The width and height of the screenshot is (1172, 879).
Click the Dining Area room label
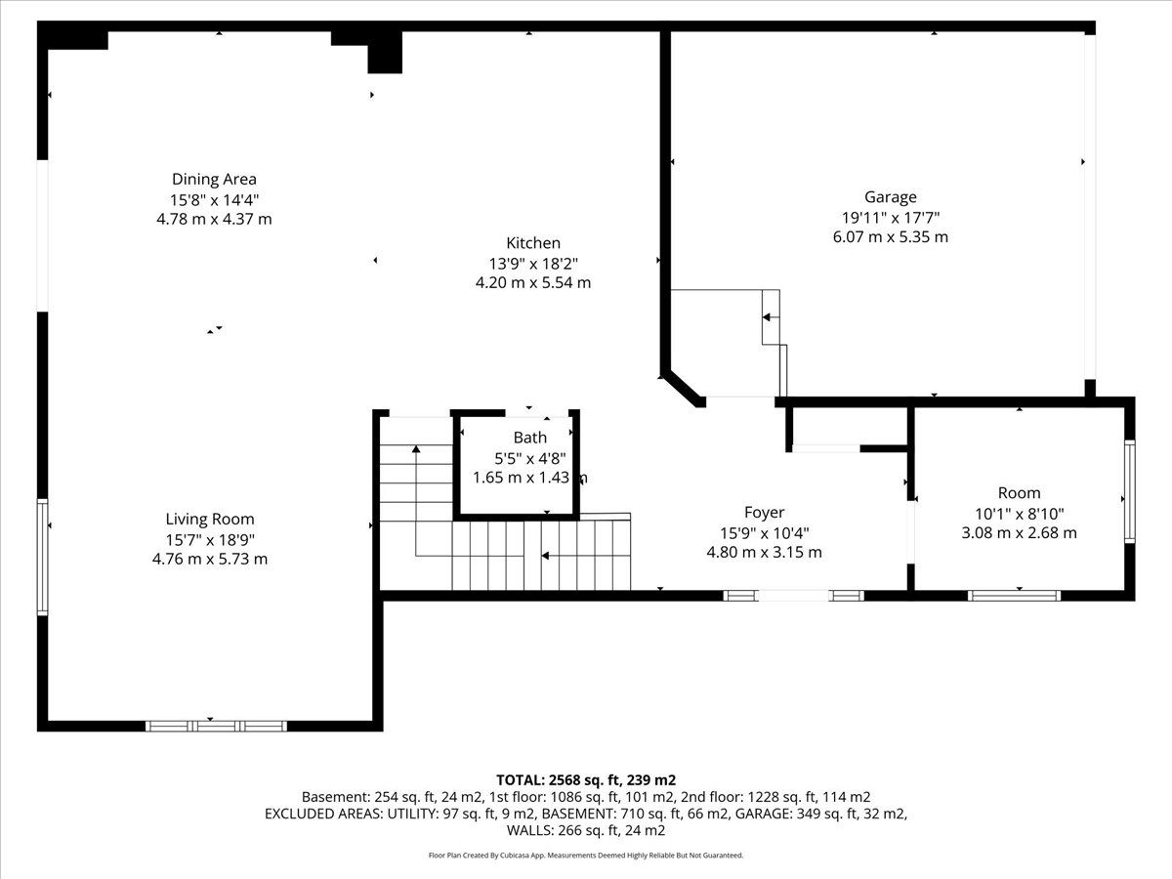coord(214,179)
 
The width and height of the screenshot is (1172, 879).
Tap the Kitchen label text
coord(533,243)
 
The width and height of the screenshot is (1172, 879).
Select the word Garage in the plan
coord(891,197)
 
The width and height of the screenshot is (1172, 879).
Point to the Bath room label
coord(530,438)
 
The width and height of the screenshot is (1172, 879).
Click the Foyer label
coord(764,513)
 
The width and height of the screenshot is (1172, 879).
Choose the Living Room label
coord(210,519)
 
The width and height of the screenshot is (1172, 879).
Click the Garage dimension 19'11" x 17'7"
coord(891,218)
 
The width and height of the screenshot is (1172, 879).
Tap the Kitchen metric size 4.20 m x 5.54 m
coord(533,282)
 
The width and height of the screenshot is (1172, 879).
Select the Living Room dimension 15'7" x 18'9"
coord(210,539)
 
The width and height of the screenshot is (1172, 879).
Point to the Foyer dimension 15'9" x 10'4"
coord(764,532)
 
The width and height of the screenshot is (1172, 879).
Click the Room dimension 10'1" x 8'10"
coord(1020,514)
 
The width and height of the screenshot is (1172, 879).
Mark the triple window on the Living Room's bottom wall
coord(216,726)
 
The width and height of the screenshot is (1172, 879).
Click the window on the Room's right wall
coord(1129,491)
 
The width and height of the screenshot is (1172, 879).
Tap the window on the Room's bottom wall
coord(1014,596)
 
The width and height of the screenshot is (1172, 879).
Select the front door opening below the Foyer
coord(793,596)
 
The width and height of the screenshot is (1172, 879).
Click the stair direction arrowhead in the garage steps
coord(767,317)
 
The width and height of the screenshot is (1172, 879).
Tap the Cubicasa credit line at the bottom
coord(586,856)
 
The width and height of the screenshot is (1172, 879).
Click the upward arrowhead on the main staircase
coord(416,449)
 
